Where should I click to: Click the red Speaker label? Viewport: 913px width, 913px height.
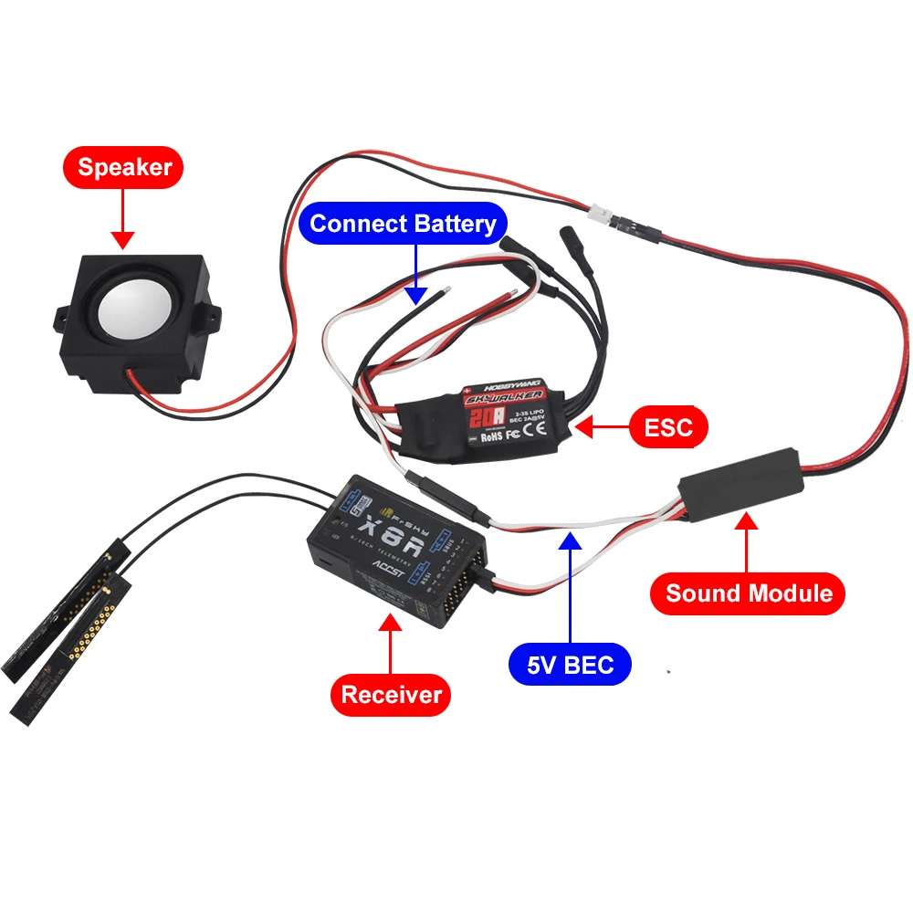pyautogui.click(x=123, y=167)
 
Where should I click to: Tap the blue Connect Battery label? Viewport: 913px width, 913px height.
pyautogui.click(x=403, y=224)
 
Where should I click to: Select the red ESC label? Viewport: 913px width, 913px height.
pyautogui.click(x=667, y=425)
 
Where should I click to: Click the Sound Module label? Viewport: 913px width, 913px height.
pyautogui.click(x=748, y=593)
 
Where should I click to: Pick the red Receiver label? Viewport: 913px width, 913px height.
pyautogui.click(x=391, y=695)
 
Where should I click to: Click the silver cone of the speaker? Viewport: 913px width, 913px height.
pyautogui.click(x=135, y=316)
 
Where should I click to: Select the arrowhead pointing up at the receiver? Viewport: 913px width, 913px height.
pyautogui.click(x=391, y=624)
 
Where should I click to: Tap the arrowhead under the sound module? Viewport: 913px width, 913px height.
pyautogui.click(x=748, y=521)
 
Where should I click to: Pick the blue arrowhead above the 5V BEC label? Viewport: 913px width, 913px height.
pyautogui.click(x=571, y=540)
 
